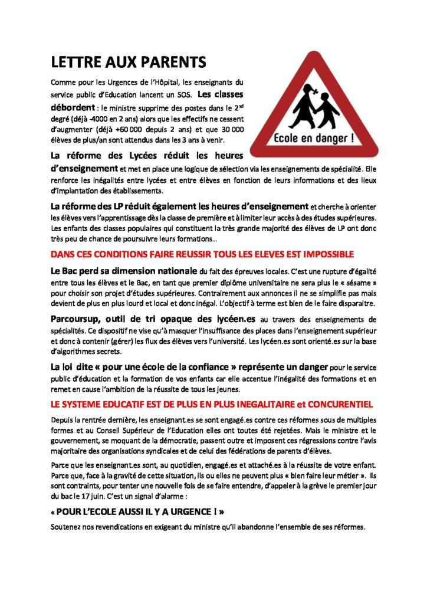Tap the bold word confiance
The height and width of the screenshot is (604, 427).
click(x=194, y=367)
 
